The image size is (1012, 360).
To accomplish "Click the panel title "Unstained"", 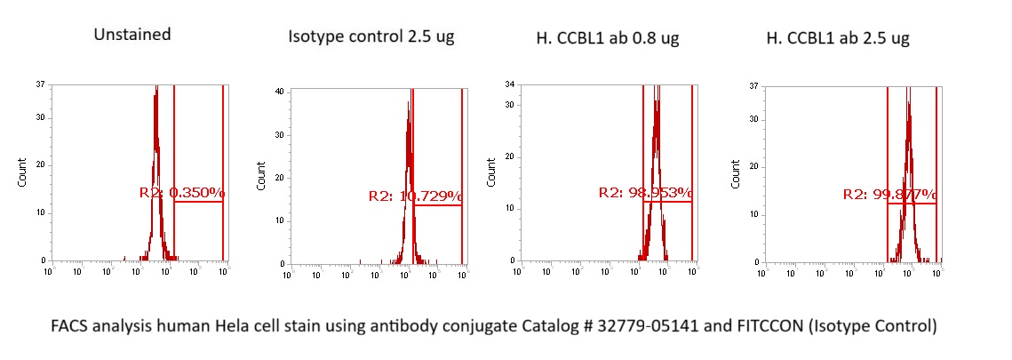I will tap(132, 35).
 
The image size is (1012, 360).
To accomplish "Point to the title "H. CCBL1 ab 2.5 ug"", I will tap(838, 38).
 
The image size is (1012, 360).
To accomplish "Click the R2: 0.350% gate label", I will tap(182, 192).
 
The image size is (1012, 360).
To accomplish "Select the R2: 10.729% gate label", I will tap(415, 196).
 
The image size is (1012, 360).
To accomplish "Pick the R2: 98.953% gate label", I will tap(645, 192).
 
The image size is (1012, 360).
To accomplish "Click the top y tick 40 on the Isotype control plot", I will tap(278, 91).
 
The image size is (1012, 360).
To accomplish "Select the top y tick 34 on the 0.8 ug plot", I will tap(510, 84).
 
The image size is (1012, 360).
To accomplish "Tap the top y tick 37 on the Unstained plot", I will tap(41, 84).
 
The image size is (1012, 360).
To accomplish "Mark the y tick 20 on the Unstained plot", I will tap(41, 164).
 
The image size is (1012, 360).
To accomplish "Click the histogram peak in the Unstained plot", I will tap(155, 89).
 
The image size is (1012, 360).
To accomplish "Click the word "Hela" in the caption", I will tap(264, 325).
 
